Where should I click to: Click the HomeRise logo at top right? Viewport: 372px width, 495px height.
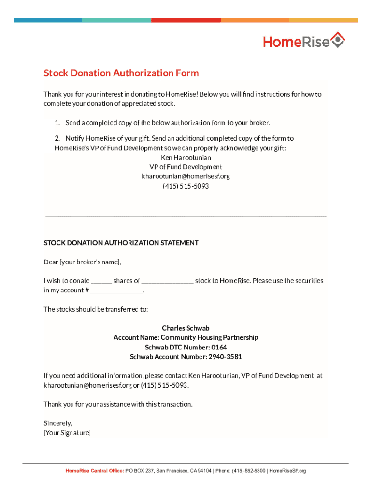click(x=304, y=41)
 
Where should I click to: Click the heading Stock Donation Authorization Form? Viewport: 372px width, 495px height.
click(x=121, y=73)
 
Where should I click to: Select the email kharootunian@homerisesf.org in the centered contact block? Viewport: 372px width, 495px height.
click(x=186, y=176)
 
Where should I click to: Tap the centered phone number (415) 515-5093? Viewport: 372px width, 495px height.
click(x=186, y=186)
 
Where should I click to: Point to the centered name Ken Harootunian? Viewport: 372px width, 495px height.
click(x=186, y=158)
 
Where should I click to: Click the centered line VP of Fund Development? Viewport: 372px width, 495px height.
click(x=186, y=167)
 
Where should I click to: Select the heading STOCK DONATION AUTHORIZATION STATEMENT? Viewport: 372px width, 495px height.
click(x=121, y=243)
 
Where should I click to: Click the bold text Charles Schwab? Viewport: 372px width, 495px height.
click(x=186, y=328)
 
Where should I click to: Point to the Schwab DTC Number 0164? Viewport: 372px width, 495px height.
click(x=186, y=347)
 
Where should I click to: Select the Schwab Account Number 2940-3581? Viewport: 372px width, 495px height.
click(x=186, y=357)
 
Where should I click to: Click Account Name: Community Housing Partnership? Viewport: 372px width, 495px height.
click(x=186, y=337)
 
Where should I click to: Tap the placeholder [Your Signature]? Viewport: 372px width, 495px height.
click(x=67, y=433)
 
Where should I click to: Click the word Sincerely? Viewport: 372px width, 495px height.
click(x=57, y=423)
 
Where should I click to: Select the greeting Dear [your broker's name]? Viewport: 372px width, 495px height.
click(x=82, y=262)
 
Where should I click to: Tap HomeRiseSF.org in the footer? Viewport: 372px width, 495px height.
click(x=287, y=471)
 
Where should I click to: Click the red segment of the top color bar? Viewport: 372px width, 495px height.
click(x=186, y=20)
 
